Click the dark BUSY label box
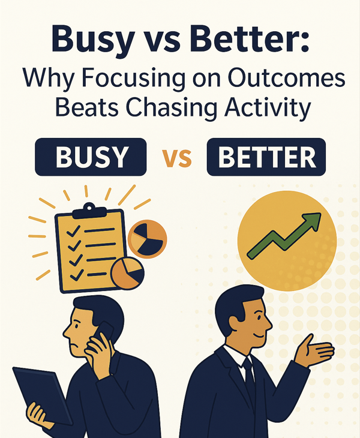pyautogui.click(x=91, y=157)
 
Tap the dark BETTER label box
pyautogui.click(x=266, y=157)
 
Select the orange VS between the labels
pyautogui.click(x=177, y=158)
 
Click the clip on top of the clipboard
pyautogui.click(x=90, y=210)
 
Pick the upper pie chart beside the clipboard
pyautogui.click(x=147, y=236)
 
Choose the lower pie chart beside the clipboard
pyautogui.click(x=127, y=273)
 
